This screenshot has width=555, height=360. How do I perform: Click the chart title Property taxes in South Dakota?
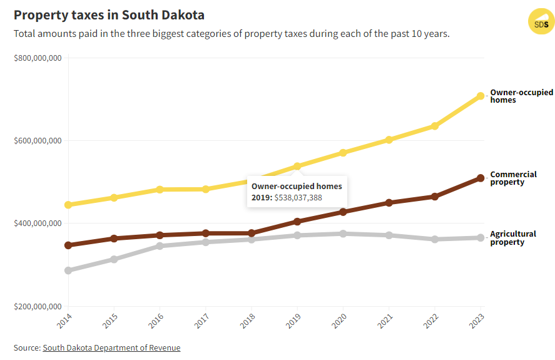click(109, 15)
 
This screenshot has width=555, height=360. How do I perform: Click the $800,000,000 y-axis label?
click(37, 58)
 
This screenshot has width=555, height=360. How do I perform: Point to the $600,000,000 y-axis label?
click(37, 141)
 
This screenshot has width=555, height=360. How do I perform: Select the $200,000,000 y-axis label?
click(37, 307)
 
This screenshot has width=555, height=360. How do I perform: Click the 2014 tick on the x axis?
click(65, 322)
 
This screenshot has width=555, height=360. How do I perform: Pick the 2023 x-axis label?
click(477, 322)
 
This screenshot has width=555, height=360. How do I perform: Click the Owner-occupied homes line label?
click(521, 96)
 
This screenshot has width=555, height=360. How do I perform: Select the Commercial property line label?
click(513, 178)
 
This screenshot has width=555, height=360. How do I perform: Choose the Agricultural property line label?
click(512, 238)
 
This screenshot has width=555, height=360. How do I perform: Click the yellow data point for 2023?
click(481, 96)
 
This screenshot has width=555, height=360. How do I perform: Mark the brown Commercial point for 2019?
click(297, 222)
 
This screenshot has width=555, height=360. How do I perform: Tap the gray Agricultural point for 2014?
click(68, 270)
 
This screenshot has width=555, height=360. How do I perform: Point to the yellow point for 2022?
click(435, 126)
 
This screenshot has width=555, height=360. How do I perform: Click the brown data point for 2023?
click(481, 178)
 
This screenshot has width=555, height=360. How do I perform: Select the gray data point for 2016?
click(160, 246)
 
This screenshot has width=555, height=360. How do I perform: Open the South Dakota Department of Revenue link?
click(111, 347)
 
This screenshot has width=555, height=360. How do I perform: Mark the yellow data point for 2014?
click(68, 205)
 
